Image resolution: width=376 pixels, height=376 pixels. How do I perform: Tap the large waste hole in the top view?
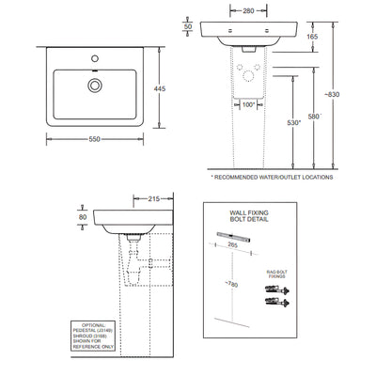pyautogui.click(x=95, y=85)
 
